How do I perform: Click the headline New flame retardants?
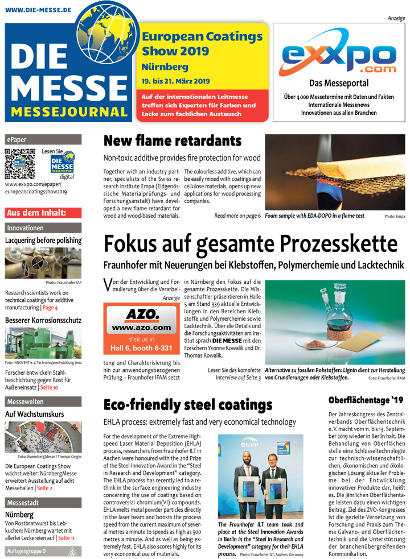pos(172,140)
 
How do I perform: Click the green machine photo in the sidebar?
pos(43,343)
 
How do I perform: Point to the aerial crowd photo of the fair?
pos(43,436)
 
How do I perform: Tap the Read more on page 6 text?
pos(237,216)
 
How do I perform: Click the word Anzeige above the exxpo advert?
pos(396,18)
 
